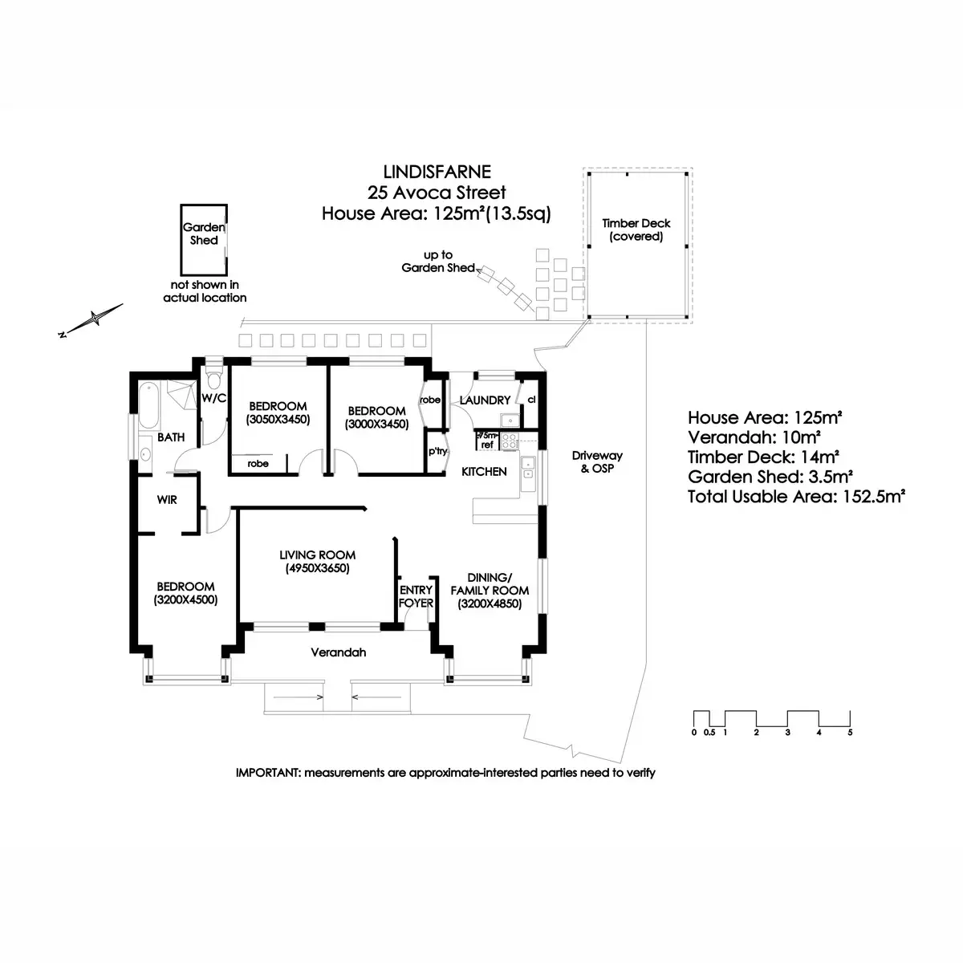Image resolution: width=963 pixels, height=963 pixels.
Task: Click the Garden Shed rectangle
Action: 204,239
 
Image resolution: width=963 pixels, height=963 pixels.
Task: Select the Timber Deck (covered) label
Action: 636,230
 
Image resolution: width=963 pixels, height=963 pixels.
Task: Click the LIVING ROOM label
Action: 317,555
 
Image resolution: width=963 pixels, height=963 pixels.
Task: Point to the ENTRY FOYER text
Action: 416,596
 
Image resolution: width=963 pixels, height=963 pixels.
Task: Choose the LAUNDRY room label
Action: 485,400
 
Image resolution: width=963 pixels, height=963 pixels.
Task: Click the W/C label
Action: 213,397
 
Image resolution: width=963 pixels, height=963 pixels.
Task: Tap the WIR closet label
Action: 167,500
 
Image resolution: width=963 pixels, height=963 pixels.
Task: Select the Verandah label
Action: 338,652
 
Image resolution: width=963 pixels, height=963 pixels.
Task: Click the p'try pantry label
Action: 437,451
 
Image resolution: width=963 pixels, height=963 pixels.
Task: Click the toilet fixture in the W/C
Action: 213,376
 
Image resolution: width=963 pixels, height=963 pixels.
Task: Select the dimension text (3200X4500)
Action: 185,599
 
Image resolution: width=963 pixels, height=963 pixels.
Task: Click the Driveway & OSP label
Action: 596,461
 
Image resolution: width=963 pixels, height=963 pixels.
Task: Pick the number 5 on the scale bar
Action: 850,733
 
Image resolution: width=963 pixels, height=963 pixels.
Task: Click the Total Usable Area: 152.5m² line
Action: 796,497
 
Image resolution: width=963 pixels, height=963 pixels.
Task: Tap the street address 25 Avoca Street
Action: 437,192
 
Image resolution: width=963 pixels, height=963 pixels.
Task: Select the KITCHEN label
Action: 484,471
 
